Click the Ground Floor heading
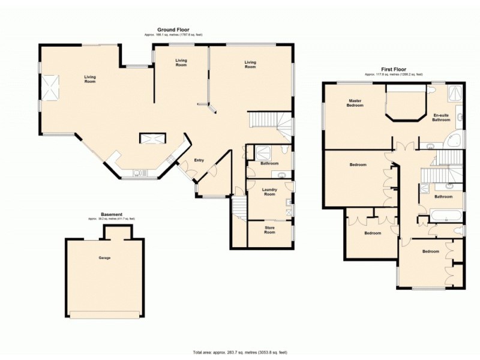coord(173,29)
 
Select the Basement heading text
coord(112,214)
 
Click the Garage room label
coord(105,258)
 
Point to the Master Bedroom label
coord(355,103)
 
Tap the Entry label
coord(199,160)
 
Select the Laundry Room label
coord(269,192)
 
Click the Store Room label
coord(269,230)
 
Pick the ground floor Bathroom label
coord(269,163)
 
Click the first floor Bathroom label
coord(443,196)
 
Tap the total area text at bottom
coord(240,352)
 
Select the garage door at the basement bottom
coord(105,314)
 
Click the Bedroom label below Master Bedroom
coord(359,164)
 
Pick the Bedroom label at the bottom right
coord(430,251)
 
